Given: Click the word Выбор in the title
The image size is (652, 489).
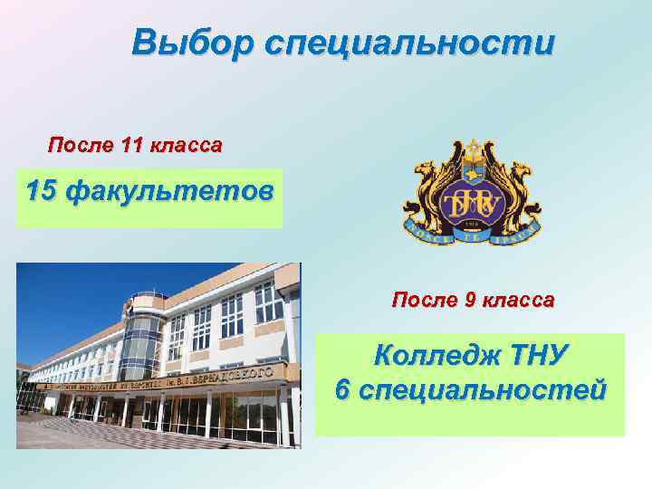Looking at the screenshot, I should click(181, 43).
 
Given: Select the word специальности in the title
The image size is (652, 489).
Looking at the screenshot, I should click(397, 43).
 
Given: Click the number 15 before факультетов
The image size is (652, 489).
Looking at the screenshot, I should click(44, 191).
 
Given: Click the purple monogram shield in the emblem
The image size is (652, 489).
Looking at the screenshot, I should click(471, 202).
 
